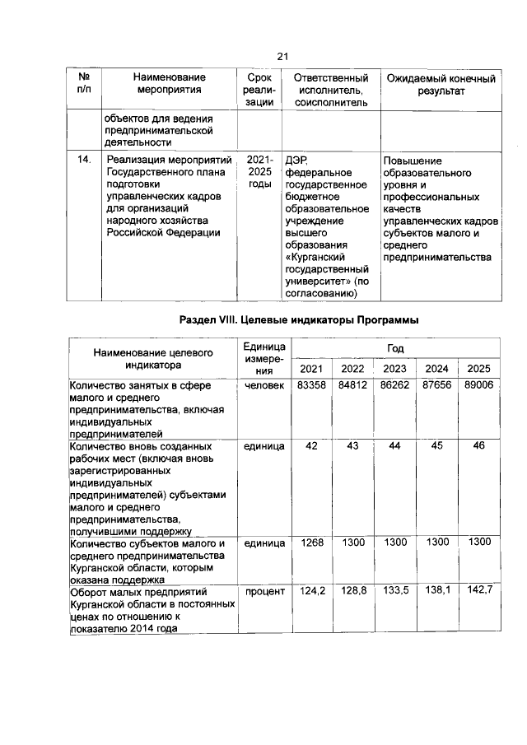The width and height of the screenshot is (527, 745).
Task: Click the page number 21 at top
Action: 282,56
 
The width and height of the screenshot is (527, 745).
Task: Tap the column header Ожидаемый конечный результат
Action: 441,86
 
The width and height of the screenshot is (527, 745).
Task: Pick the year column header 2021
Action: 310,367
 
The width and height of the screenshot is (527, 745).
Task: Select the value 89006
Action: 478,385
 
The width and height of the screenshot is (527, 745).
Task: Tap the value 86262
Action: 394,385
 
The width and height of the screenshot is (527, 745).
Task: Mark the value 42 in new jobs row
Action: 311,445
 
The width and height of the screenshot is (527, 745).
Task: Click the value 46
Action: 478,445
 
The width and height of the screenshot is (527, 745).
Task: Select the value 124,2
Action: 311,591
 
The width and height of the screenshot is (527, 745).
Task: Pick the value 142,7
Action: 478,591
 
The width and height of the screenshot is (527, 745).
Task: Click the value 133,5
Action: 395,591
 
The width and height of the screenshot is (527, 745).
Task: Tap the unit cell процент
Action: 263,591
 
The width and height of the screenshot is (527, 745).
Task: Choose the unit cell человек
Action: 263,385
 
